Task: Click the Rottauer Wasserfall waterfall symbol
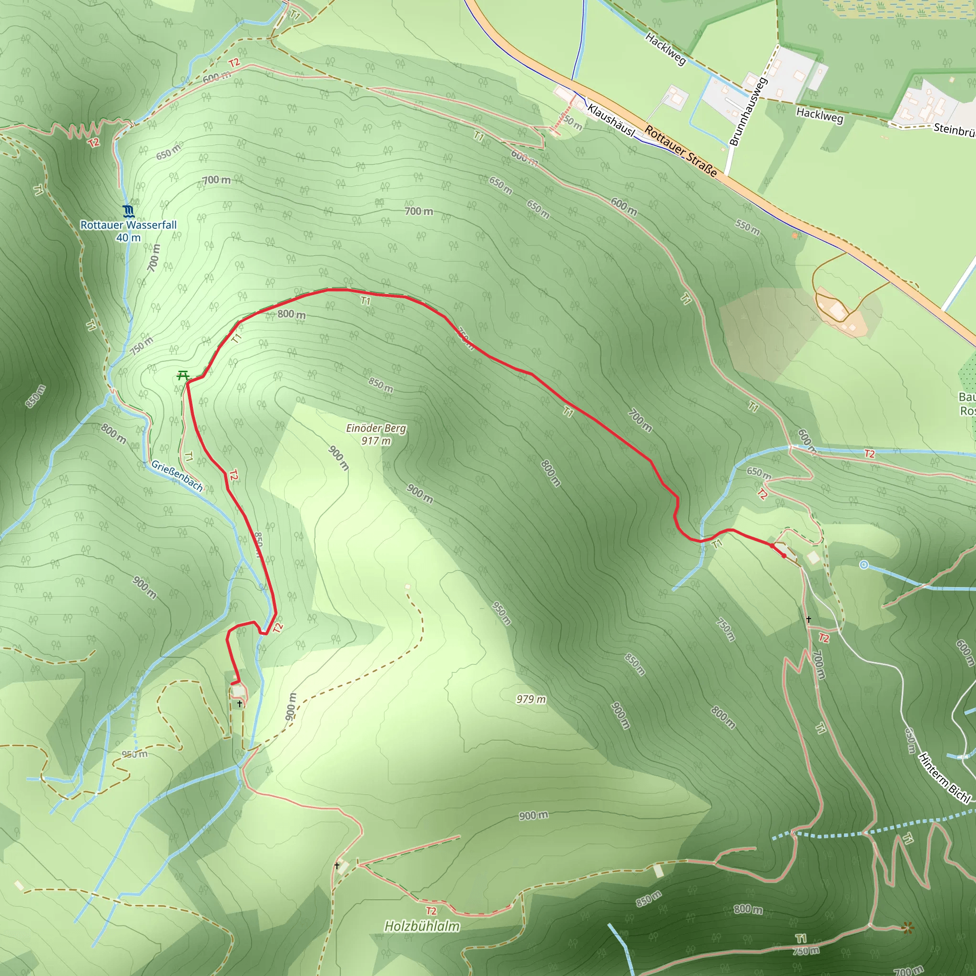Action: pyautogui.click(x=128, y=210)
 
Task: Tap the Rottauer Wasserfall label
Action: pyautogui.click(x=128, y=225)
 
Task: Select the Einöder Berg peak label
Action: pyautogui.click(x=376, y=428)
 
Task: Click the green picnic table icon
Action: pyautogui.click(x=183, y=376)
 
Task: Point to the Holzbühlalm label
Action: pyautogui.click(x=422, y=926)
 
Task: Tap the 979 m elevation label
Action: pyautogui.click(x=531, y=699)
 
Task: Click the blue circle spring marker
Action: pyautogui.click(x=864, y=565)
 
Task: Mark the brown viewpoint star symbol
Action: pyautogui.click(x=908, y=927)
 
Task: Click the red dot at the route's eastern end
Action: pyautogui.click(x=783, y=556)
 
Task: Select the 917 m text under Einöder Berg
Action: pyautogui.click(x=376, y=441)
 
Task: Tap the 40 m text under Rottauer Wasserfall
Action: pyautogui.click(x=128, y=237)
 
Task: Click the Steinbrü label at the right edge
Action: pyautogui.click(x=954, y=129)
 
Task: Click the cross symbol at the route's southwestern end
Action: pyautogui.click(x=239, y=703)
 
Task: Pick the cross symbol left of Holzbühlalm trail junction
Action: pyautogui.click(x=337, y=865)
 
